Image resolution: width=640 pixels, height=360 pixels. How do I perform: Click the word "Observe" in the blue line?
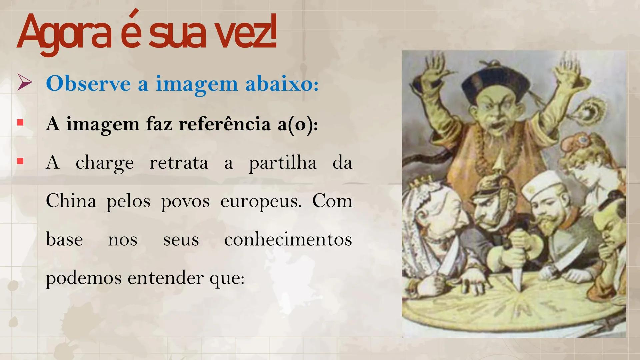click(x=88, y=83)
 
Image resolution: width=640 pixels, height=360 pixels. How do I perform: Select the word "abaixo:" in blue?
click(x=282, y=83)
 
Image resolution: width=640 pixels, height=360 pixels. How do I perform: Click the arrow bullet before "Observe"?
click(x=25, y=83)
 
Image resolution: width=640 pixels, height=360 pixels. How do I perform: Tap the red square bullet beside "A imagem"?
click(x=20, y=123)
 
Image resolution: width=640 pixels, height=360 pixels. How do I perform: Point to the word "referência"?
click(x=225, y=124)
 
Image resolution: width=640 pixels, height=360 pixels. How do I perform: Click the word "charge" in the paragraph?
click(x=105, y=163)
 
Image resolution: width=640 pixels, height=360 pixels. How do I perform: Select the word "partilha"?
click(x=283, y=163)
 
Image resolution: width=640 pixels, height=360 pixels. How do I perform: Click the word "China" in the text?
click(x=71, y=201)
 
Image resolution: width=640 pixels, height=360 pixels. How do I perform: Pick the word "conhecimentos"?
click(x=288, y=239)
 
